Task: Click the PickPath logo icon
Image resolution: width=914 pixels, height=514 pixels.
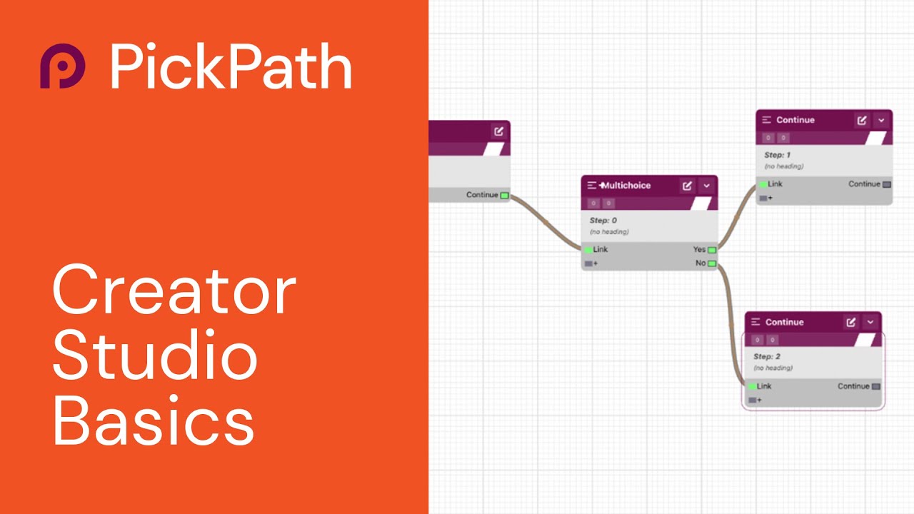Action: point(62,66)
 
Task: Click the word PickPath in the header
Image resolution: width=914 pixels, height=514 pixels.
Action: point(231,66)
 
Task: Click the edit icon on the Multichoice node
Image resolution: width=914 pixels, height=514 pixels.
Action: point(687,186)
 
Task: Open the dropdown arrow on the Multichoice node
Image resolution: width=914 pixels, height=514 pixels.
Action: point(706,186)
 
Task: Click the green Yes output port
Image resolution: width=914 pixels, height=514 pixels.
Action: point(712,250)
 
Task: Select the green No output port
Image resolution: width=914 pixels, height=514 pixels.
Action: point(712,263)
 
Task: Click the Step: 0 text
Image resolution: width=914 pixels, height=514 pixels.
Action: point(603,221)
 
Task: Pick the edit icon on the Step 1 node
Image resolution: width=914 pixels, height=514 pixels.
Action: point(862,120)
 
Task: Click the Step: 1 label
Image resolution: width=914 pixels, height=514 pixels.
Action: point(777,155)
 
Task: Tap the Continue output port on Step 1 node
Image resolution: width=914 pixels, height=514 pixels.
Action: point(887,184)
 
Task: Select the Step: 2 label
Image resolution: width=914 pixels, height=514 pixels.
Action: point(766,356)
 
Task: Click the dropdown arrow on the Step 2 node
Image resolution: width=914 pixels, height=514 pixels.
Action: point(870,322)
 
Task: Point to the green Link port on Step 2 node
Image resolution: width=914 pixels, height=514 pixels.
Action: point(752,386)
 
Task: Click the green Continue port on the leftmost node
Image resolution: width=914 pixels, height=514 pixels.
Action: point(504,195)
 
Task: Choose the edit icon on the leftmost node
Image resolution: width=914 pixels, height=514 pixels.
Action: point(498,131)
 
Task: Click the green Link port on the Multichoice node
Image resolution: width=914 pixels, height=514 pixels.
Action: point(588,250)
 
